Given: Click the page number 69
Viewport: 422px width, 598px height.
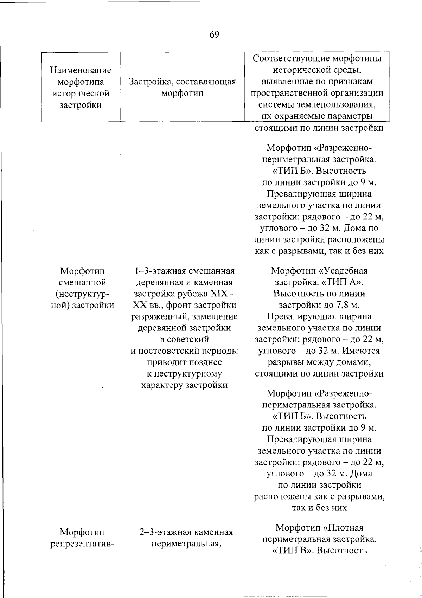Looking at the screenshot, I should [214, 34].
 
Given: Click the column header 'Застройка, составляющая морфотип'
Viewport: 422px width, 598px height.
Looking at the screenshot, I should [182, 88].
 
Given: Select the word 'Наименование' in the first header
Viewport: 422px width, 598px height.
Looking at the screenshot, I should [81, 70].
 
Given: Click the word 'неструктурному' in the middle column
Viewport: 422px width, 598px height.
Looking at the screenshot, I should [184, 373].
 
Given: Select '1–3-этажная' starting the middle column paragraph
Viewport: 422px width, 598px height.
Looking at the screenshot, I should [155, 271].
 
